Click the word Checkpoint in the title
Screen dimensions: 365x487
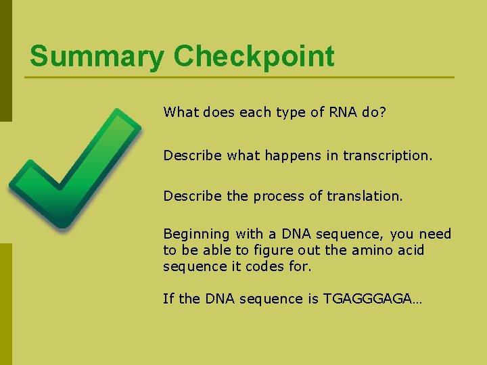point(254,57)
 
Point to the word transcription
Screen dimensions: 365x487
point(387,155)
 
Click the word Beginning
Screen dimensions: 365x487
point(197,234)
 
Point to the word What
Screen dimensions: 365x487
point(178,112)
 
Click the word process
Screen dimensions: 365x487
point(278,196)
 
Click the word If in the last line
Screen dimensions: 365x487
point(168,299)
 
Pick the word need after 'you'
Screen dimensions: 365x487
point(435,234)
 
